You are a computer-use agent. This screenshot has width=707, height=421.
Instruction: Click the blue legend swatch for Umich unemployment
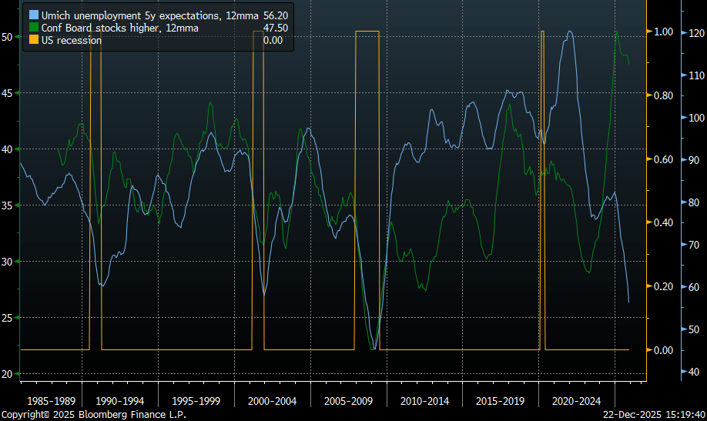coord(33,15)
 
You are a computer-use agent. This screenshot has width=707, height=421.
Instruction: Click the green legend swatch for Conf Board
coord(33,28)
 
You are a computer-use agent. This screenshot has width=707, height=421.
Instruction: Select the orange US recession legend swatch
coord(33,40)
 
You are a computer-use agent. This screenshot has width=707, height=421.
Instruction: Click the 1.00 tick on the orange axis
coord(664,32)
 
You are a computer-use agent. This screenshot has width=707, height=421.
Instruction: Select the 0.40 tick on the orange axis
coord(664,223)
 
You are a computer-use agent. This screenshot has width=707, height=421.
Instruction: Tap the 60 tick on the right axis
coord(692,287)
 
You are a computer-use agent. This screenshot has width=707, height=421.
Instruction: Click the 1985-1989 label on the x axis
coord(51,401)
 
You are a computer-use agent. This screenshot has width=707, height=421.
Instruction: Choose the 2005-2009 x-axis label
coord(348,401)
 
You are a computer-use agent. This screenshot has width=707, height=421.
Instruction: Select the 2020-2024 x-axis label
coord(575,401)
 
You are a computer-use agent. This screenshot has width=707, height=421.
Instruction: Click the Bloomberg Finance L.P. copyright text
coord(93,415)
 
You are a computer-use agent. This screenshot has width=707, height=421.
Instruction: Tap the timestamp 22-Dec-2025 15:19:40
coord(653,415)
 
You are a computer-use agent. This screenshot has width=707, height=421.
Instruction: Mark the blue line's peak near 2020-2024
coord(569,32)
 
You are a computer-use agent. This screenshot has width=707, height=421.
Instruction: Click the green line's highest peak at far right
coord(616,32)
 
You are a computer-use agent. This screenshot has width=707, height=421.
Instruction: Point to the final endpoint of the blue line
coord(629,302)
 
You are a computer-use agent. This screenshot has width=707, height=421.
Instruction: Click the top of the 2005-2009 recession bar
coord(367,32)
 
